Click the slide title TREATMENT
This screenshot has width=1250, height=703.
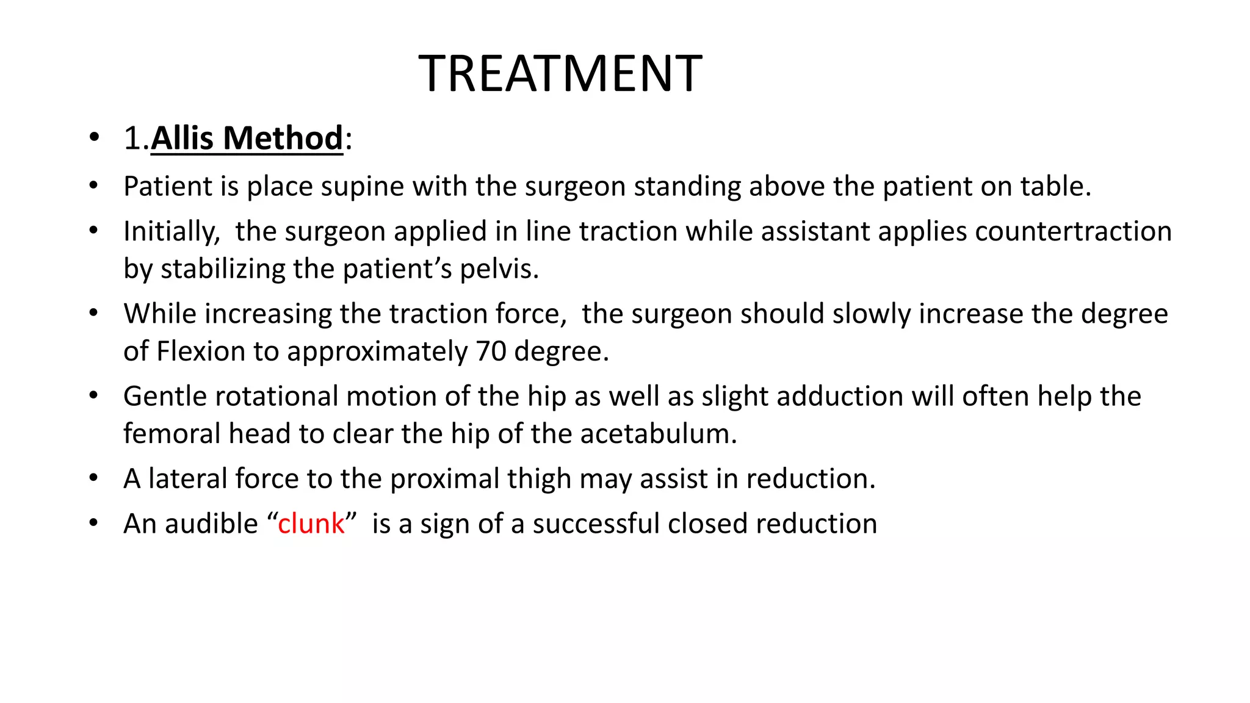click(560, 74)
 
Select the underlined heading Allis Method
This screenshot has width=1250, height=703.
click(247, 138)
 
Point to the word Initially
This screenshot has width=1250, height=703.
click(172, 232)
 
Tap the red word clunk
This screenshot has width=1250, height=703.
click(311, 524)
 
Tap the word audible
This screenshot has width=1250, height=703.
click(211, 524)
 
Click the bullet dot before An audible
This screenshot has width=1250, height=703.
click(93, 524)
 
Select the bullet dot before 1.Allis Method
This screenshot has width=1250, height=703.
click(93, 138)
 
